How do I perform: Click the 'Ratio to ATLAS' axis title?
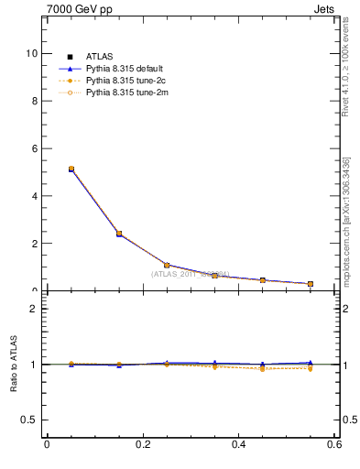tap(14, 365)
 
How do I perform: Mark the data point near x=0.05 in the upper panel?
tap(71, 169)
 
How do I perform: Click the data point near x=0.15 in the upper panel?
tap(119, 234)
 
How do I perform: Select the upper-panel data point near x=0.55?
tap(311, 284)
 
